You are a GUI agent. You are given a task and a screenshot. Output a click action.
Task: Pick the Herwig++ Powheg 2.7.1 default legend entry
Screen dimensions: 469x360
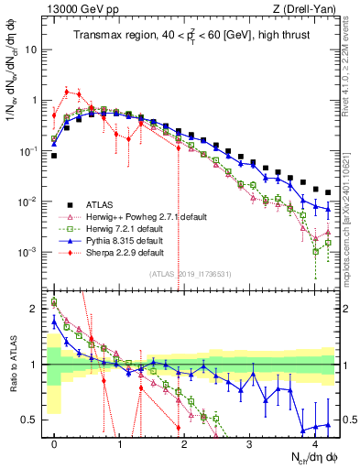click(137, 215)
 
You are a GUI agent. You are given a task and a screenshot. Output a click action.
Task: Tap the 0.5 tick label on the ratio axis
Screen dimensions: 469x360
click(30, 420)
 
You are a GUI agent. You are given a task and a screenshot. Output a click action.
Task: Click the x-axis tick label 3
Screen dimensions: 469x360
click(250, 443)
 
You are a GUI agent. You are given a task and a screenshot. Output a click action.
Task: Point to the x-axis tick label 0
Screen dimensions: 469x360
click(55, 443)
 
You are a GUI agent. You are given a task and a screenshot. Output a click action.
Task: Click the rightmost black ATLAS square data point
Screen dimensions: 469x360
click(329, 192)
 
